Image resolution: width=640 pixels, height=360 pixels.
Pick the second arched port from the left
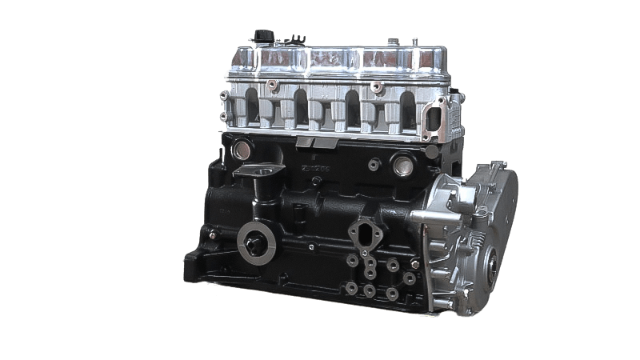point(301,106)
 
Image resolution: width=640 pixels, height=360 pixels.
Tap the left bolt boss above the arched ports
point(274,83)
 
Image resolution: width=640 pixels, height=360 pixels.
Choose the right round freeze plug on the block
point(402,167)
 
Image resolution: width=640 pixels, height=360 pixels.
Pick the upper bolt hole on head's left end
point(226,94)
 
